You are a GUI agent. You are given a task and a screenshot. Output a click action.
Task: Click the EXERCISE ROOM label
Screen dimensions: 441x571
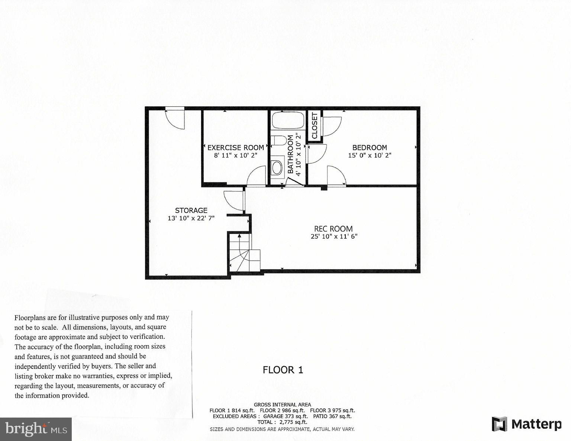pos(235,148)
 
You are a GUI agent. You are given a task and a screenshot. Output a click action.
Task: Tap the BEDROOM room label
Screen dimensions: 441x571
pos(370,148)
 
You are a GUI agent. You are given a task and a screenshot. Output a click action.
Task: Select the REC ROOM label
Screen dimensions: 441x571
pos(333,229)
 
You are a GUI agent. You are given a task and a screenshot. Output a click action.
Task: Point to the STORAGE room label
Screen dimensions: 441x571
pos(191,210)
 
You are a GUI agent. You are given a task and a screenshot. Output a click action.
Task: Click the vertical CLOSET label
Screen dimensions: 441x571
pos(314,126)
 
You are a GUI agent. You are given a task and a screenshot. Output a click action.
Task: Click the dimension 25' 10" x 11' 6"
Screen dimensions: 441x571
pos(334,236)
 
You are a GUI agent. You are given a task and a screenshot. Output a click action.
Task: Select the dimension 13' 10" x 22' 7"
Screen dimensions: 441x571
pos(191,218)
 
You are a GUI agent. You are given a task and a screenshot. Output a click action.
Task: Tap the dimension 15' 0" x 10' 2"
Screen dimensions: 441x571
pos(370,155)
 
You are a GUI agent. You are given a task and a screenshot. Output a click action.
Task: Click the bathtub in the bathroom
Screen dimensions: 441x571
pos(288,120)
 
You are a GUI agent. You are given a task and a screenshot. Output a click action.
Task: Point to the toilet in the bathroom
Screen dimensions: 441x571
pos(279,141)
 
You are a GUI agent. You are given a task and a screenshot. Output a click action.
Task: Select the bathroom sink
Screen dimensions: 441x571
pos(277,167)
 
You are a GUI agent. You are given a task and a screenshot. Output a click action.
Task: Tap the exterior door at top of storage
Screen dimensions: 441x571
pos(175,118)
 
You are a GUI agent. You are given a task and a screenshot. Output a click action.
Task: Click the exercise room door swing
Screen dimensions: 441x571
pos(257,176)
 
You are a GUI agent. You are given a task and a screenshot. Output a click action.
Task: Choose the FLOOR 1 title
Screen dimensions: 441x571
pos(283,370)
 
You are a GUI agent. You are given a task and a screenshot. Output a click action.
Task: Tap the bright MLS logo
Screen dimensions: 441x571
pos(36,429)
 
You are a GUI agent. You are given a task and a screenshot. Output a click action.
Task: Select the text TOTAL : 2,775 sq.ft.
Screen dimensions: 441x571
pos(282,422)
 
